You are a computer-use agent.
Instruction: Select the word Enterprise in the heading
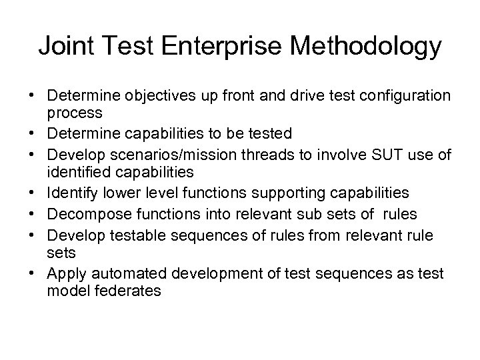click(219, 47)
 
